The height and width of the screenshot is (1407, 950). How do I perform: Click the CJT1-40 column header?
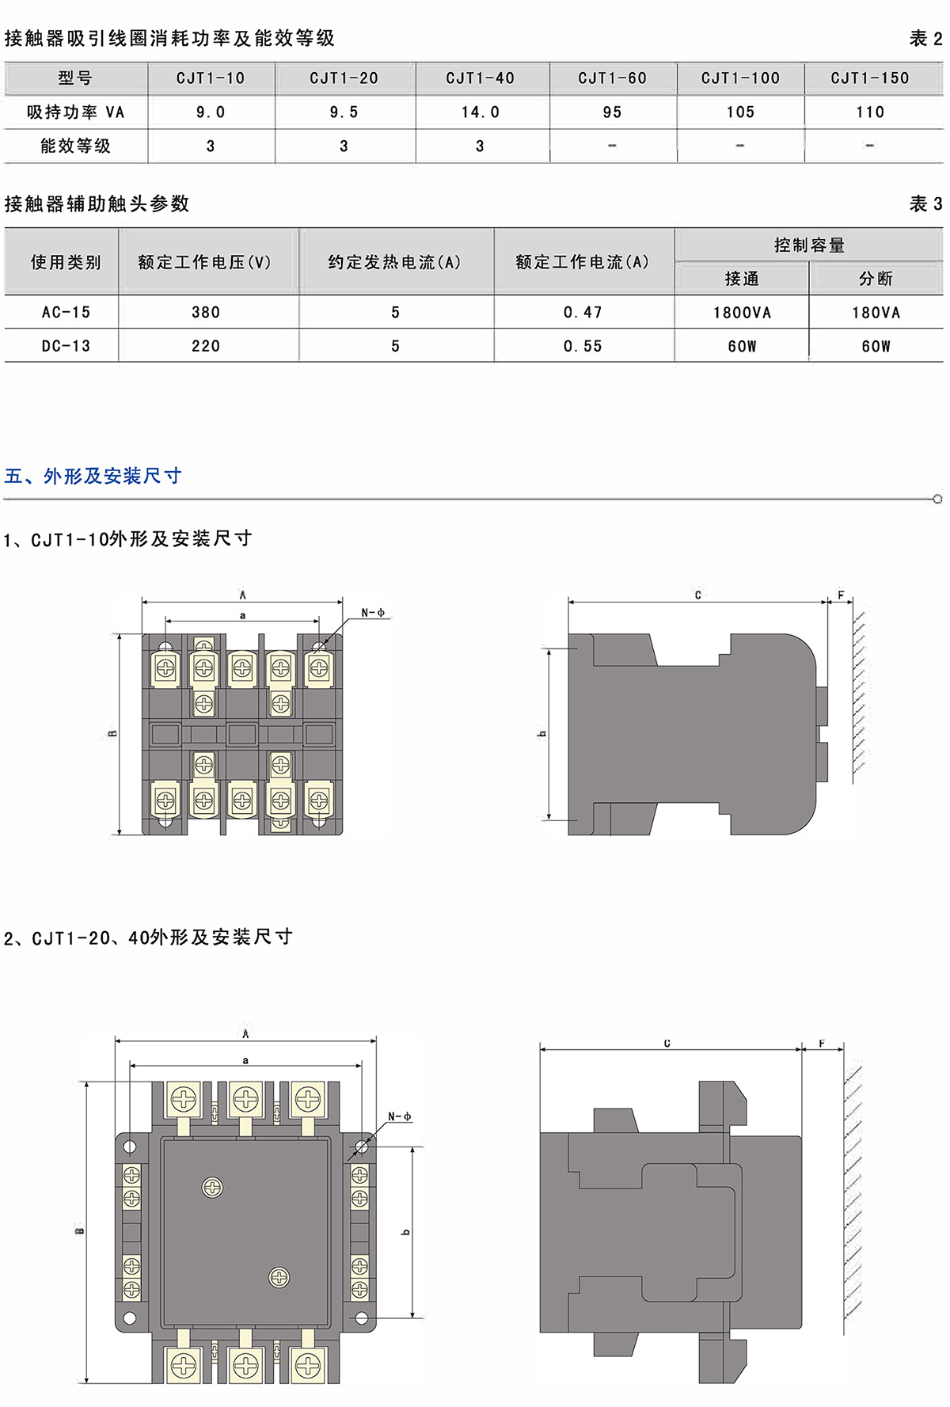(480, 78)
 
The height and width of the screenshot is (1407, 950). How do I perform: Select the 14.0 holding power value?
(480, 112)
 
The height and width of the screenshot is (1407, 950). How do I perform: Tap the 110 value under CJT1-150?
(869, 112)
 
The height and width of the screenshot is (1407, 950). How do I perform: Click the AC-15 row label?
(66, 313)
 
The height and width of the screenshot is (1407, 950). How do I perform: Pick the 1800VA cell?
(742, 313)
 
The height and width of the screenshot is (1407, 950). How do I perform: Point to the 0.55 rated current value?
(583, 346)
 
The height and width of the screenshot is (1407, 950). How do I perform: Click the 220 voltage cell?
(206, 346)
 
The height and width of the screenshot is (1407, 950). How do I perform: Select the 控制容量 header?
(809, 245)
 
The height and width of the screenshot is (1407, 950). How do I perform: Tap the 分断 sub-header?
(876, 279)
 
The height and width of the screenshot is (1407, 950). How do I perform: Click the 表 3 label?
(925, 204)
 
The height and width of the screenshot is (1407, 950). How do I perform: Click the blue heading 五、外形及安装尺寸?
(93, 476)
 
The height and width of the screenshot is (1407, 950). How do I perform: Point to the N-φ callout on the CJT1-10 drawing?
(373, 613)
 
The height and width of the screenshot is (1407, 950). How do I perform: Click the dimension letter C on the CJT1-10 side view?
(697, 595)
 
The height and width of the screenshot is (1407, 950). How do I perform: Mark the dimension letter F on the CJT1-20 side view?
(822, 1044)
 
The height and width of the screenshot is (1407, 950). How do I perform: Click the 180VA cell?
(876, 313)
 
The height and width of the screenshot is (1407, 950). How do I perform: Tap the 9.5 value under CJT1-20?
(344, 112)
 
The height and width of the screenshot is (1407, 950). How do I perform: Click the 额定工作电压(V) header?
(204, 262)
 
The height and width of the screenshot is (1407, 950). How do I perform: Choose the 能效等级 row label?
(75, 146)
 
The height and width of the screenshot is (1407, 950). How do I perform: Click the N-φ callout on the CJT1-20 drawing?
(399, 1116)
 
